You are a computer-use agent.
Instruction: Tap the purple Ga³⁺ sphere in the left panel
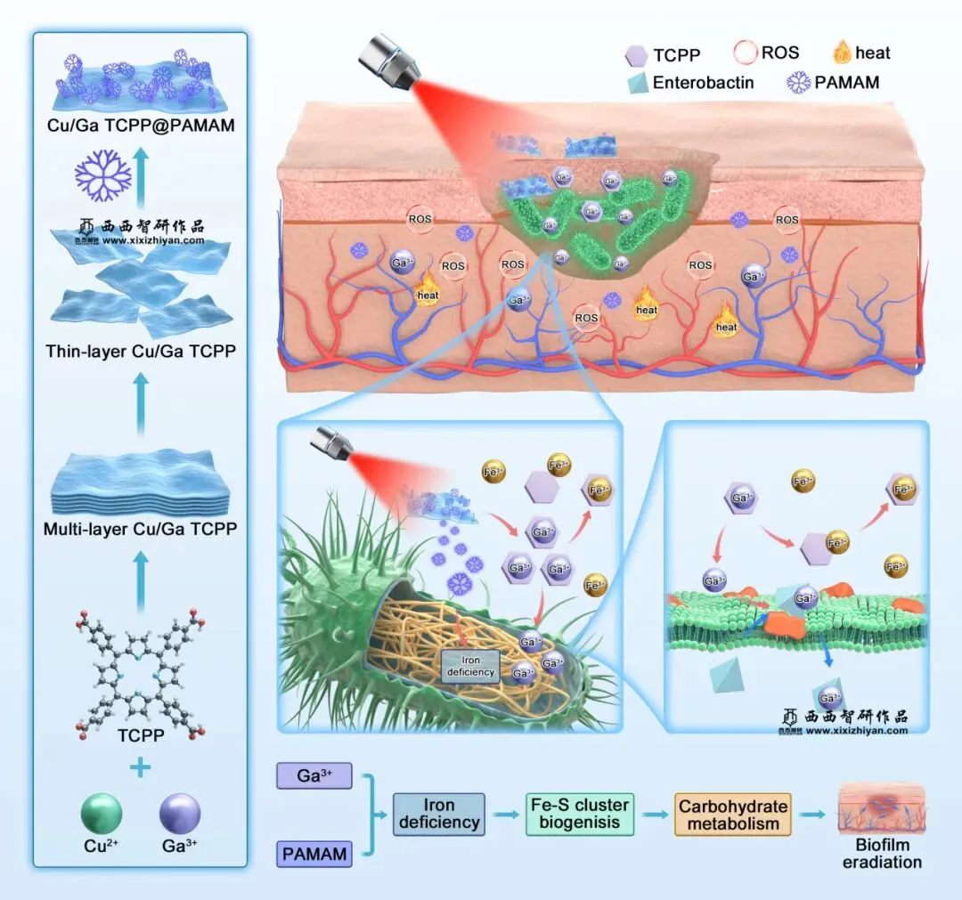click(x=180, y=814)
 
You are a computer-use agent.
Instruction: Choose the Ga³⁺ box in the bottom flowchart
click(x=314, y=775)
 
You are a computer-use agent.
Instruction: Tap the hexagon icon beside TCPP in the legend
click(x=636, y=55)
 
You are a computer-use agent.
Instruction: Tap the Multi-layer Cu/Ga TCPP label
click(x=140, y=531)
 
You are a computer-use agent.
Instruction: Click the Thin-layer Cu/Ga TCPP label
click(x=141, y=351)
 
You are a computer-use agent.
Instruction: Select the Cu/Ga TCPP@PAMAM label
click(x=141, y=126)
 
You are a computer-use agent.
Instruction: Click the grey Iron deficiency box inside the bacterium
click(x=470, y=666)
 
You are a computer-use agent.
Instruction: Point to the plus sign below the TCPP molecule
click(x=141, y=767)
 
